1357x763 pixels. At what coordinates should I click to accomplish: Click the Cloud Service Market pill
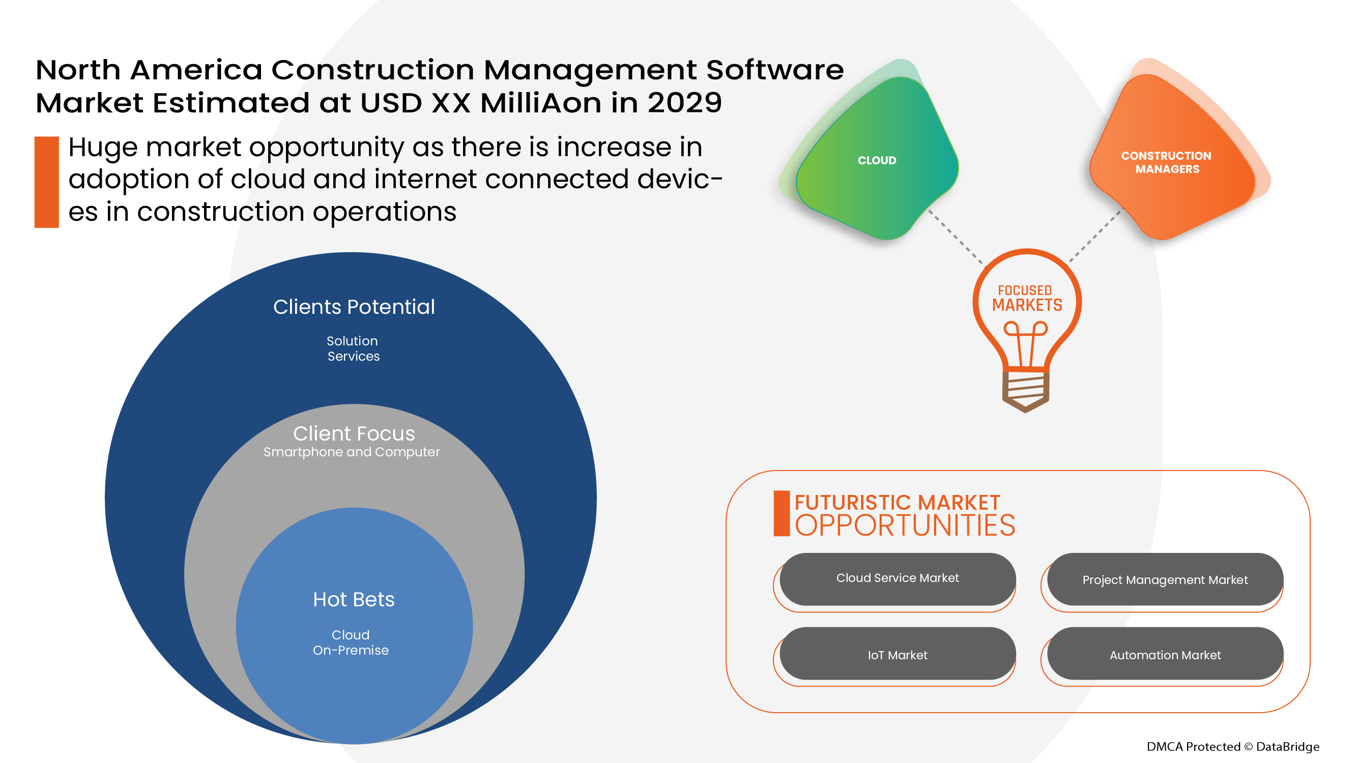click(x=897, y=579)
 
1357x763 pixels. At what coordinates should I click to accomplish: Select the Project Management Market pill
click(x=1165, y=579)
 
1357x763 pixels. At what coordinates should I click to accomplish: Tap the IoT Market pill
click(x=897, y=654)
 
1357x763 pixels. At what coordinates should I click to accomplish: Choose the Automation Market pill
click(x=1165, y=654)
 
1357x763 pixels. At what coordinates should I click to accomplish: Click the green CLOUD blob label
click(x=877, y=161)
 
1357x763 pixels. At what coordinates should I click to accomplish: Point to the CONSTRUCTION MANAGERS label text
click(x=1166, y=162)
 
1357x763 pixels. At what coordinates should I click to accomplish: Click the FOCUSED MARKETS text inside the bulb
click(x=1027, y=298)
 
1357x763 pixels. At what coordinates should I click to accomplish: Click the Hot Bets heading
click(x=354, y=599)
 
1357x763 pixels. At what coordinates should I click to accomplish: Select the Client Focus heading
click(x=354, y=433)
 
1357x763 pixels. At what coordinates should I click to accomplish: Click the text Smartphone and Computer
click(x=352, y=452)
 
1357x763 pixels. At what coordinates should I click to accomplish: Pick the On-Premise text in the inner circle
click(x=351, y=650)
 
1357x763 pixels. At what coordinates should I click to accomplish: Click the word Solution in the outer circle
click(x=352, y=341)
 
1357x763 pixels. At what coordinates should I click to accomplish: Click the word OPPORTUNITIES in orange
click(x=905, y=525)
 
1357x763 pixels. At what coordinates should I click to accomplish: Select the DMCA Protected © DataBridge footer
click(x=1233, y=746)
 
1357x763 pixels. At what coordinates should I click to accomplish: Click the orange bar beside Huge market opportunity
click(x=46, y=182)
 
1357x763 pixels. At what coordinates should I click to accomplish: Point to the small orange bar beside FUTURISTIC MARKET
click(x=781, y=513)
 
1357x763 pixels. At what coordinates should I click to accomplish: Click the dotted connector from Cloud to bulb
click(x=956, y=238)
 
